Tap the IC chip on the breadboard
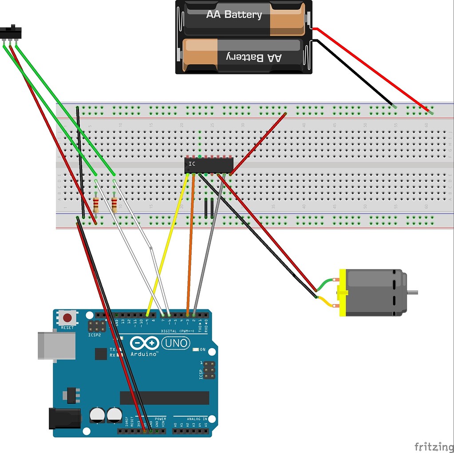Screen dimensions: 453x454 click(209, 165)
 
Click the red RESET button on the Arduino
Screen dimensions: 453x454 click(67, 318)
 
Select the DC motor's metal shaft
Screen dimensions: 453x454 click(412, 292)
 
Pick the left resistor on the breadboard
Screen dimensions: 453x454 click(96, 205)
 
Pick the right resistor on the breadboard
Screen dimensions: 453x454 click(114, 205)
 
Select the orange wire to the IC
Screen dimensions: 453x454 click(191, 244)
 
